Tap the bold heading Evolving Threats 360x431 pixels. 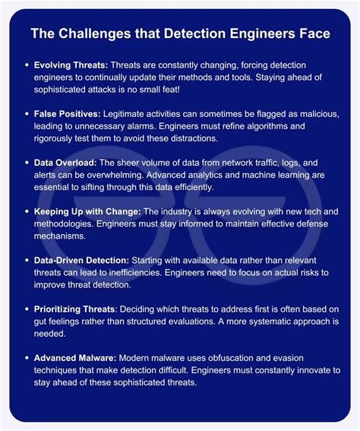pyautogui.click(x=71, y=67)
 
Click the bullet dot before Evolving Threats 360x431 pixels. pyautogui.click(x=27, y=67)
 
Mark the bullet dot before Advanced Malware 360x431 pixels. pyautogui.click(x=27, y=357)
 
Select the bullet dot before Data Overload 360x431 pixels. pyautogui.click(x=27, y=162)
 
